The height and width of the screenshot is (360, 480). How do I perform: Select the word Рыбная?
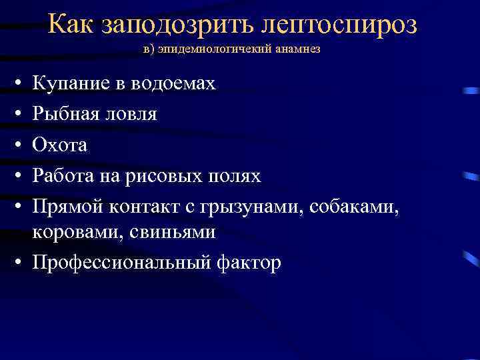coord(67,114)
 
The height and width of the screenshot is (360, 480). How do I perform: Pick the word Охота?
coord(61,145)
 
